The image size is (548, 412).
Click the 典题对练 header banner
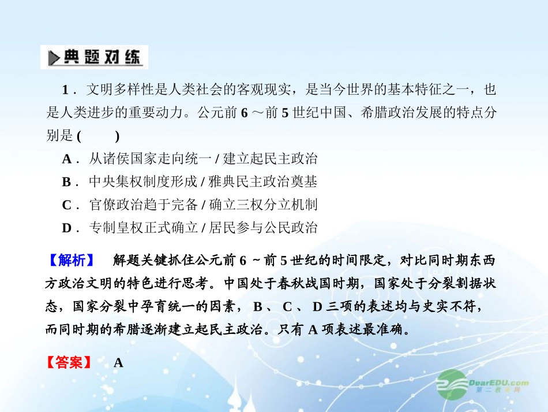[x=94, y=57]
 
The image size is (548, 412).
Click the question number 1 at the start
[x=66, y=90]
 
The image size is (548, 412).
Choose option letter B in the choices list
[x=67, y=182]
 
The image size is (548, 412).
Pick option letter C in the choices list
[x=67, y=205]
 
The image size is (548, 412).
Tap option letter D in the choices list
[x=67, y=228]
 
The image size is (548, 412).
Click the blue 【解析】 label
[x=72, y=261]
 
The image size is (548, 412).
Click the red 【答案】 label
[x=69, y=363]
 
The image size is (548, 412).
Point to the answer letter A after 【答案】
[x=118, y=363]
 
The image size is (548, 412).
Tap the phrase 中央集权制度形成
[x=136, y=182]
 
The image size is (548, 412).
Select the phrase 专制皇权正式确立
[x=136, y=228]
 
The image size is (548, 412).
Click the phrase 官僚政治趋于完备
[x=136, y=205]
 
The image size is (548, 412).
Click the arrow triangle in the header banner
[x=54, y=58]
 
